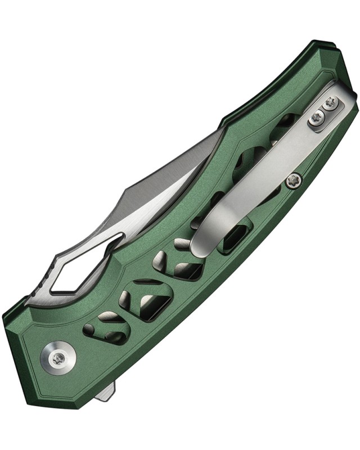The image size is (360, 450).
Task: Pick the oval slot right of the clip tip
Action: (237, 240)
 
